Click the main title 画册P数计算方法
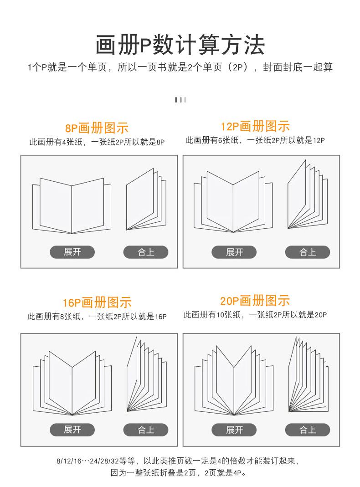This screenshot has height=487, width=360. [x=180, y=45]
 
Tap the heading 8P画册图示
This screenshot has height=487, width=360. [x=97, y=128]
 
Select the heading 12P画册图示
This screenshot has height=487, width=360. [x=255, y=126]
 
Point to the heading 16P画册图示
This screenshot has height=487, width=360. [x=97, y=302]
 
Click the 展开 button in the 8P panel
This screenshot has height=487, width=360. [x=72, y=252]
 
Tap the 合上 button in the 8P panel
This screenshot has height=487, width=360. [x=146, y=252]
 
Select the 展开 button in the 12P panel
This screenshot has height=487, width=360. [x=234, y=252]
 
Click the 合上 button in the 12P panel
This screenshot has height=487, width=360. [x=308, y=252]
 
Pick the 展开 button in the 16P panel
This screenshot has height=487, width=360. [x=72, y=430]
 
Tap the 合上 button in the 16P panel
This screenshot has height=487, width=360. [x=146, y=430]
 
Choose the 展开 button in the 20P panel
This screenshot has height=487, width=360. [x=234, y=430]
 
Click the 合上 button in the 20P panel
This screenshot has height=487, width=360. [x=308, y=430]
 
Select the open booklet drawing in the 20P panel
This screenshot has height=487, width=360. [x=234, y=380]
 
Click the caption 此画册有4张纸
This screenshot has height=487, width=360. [x=97, y=142]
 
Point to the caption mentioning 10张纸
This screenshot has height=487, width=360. [x=255, y=314]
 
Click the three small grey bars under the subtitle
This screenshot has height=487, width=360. [x=180, y=100]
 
